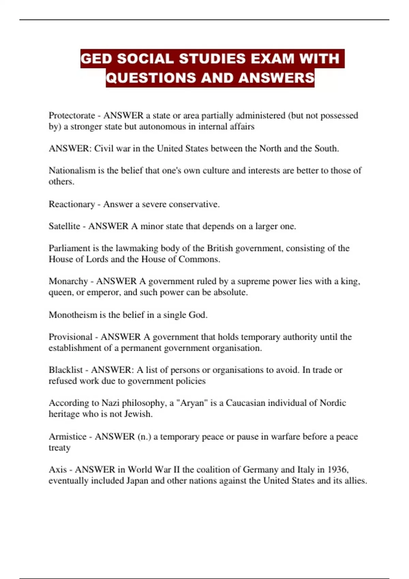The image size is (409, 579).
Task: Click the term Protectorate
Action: coord(72,115)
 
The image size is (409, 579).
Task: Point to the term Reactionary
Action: coord(72,204)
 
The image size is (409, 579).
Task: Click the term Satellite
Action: coord(64,226)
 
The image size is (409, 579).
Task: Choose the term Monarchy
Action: coord(68,281)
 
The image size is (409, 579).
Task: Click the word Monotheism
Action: coord(73,315)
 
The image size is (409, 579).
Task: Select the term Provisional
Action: coord(71,337)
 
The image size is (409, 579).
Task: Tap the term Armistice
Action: coord(67,437)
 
